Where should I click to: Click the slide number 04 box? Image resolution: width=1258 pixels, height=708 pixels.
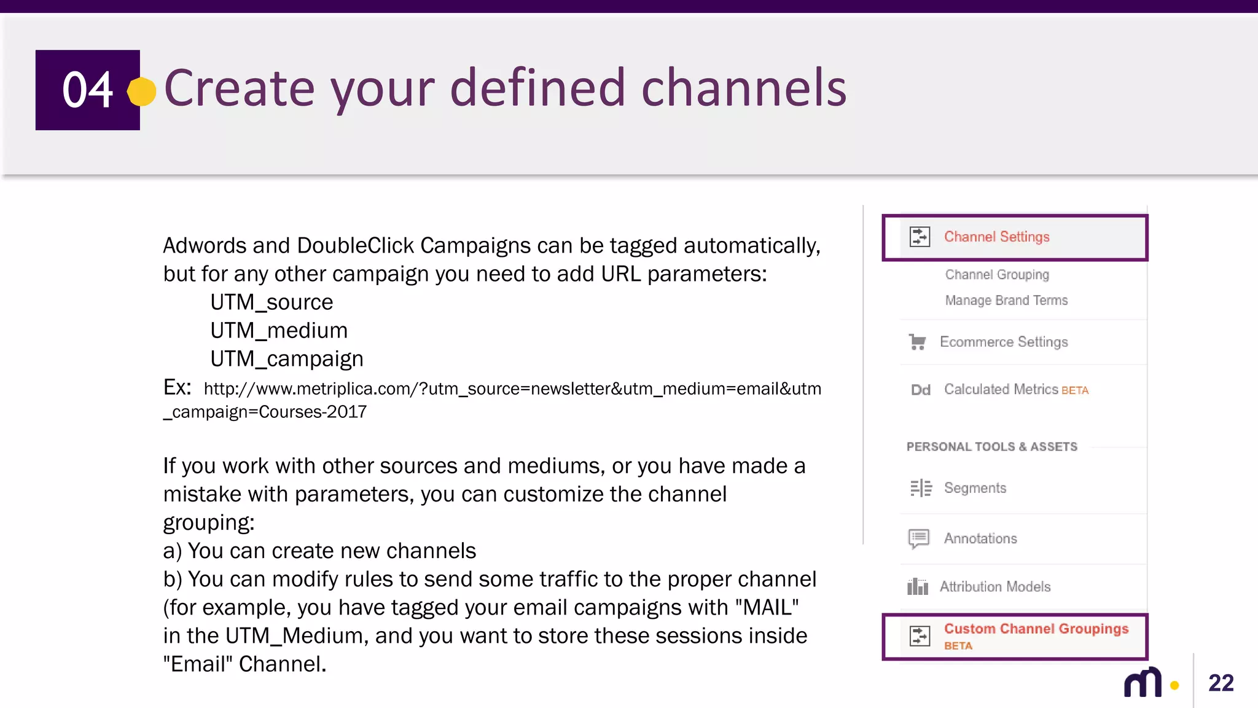(87, 90)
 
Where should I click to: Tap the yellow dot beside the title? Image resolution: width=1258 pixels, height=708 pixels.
(142, 92)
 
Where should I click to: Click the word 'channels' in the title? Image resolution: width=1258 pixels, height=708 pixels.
(744, 88)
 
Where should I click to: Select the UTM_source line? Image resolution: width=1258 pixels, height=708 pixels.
(272, 302)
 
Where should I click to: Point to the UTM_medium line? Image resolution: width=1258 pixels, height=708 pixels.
(279, 331)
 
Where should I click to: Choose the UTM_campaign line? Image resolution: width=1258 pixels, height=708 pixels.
(287, 359)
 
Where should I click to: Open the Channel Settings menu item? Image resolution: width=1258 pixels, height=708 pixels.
(996, 237)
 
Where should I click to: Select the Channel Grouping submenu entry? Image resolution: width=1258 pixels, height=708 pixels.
(997, 275)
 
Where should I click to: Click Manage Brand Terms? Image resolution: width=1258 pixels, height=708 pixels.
(1006, 301)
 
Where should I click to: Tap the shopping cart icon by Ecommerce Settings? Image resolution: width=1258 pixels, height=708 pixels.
(917, 342)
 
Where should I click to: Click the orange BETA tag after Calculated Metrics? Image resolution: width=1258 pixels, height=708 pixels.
(1075, 390)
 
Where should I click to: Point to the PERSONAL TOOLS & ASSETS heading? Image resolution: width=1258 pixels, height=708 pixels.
(991, 447)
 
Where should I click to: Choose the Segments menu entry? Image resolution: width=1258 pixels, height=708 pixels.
(975, 488)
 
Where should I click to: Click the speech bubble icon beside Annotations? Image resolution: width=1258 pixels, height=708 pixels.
(919, 538)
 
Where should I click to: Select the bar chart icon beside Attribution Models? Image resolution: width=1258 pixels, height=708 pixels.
(918, 587)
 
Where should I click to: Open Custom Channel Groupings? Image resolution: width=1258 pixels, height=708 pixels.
(1036, 629)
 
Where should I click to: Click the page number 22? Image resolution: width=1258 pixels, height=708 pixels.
(1221, 683)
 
